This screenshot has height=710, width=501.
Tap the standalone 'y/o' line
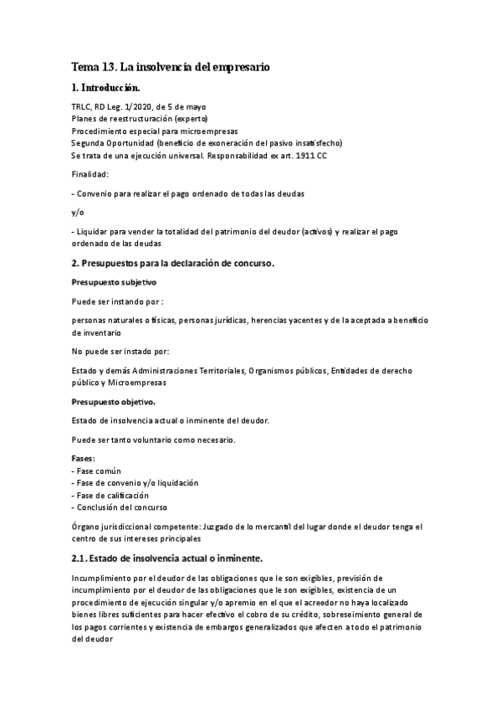[x=78, y=212]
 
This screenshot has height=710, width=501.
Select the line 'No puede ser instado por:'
[x=121, y=351]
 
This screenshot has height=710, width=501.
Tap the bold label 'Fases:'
[x=84, y=460]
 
